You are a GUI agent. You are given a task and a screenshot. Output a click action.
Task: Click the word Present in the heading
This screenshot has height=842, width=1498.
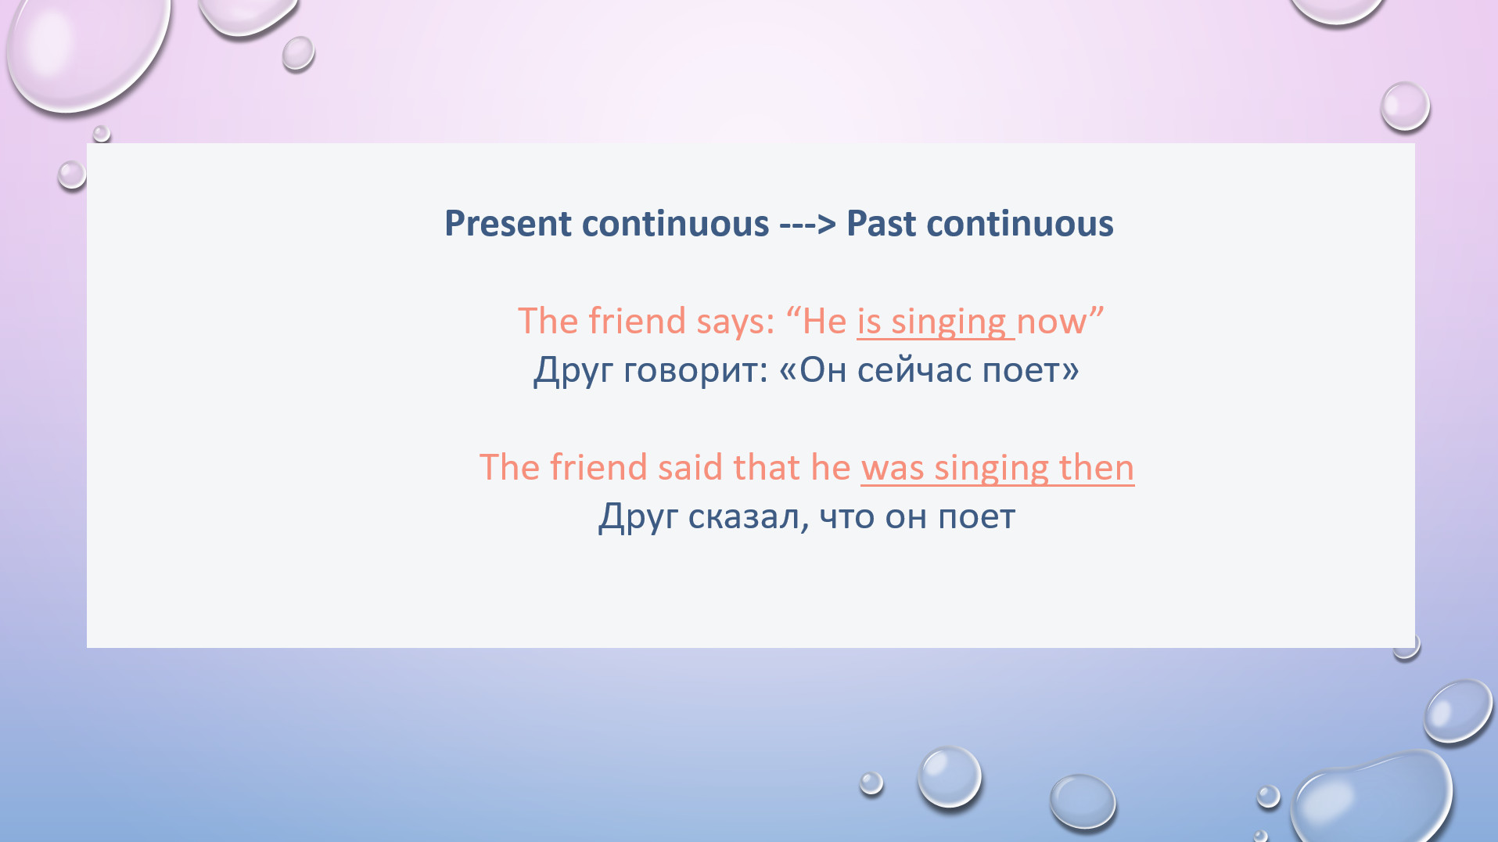coord(508,224)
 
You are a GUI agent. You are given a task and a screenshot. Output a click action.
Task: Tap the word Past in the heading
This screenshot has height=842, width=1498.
coord(882,224)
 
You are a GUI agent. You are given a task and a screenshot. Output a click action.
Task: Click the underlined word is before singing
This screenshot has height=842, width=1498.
coord(869,322)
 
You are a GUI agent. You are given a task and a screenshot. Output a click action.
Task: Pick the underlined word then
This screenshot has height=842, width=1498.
coord(1096,467)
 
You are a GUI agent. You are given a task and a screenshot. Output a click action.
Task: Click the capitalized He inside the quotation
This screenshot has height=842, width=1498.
coord(824,322)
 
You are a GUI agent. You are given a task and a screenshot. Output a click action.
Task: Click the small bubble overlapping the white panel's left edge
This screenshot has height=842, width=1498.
coord(72,174)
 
